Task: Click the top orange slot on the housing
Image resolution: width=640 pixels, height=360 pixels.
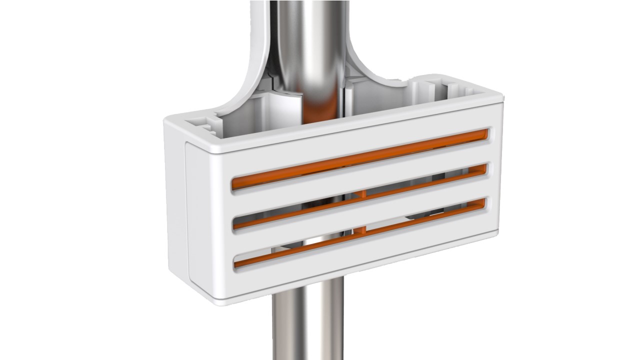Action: (x=360, y=158)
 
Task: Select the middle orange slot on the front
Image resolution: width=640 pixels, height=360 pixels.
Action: (x=360, y=196)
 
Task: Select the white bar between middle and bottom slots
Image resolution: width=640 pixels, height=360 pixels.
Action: (x=360, y=216)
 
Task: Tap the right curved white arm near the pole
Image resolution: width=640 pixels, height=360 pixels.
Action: (x=370, y=65)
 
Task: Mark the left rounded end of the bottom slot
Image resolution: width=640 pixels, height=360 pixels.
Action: (x=236, y=262)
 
